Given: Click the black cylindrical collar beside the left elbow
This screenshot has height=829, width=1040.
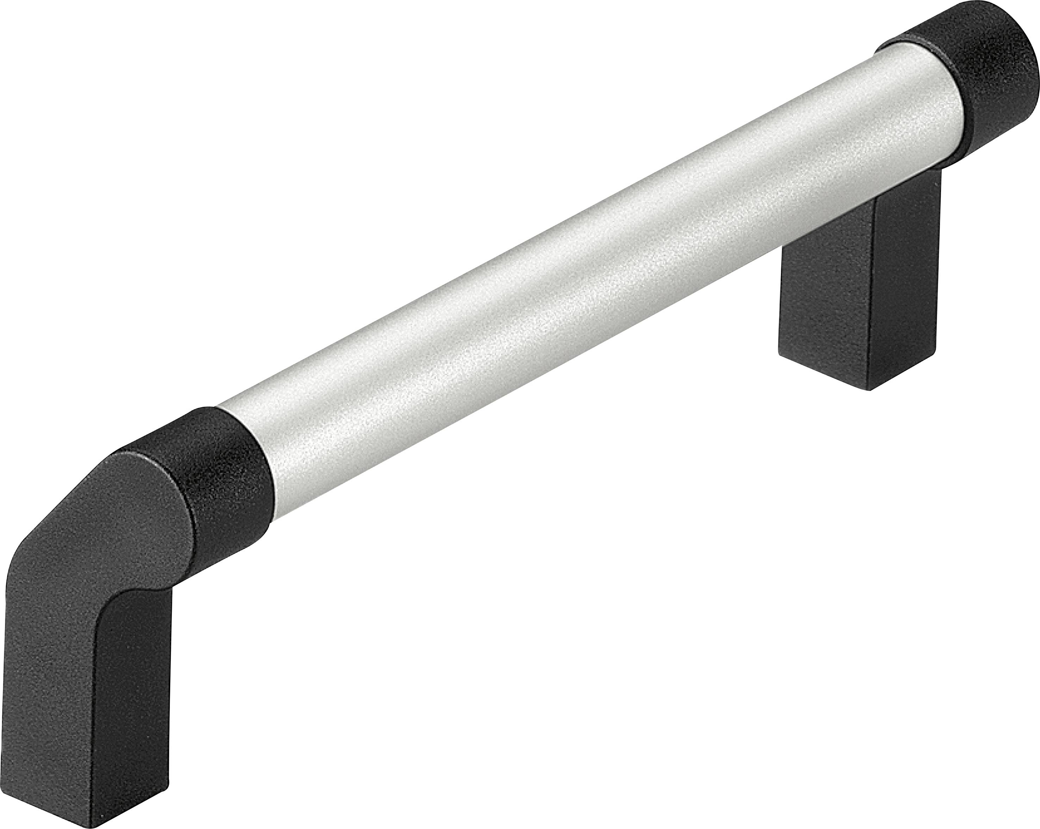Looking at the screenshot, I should pos(227,477).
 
